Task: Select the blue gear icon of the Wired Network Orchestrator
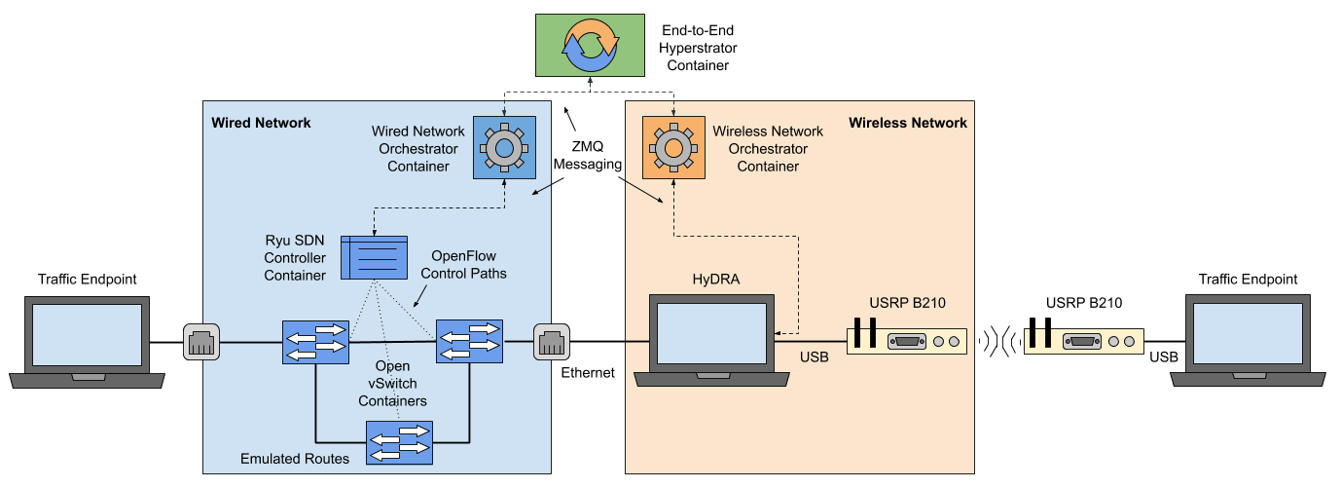click(504, 147)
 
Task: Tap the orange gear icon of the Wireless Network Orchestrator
click(673, 147)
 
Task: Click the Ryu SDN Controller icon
click(373, 259)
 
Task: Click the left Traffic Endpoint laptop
click(88, 341)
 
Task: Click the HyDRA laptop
click(714, 341)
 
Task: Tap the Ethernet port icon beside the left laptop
click(201, 342)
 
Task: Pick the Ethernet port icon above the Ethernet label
click(551, 342)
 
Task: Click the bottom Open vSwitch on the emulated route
click(399, 443)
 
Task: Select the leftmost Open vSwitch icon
click(315, 342)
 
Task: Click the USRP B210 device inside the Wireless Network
click(906, 339)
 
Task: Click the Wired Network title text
click(261, 123)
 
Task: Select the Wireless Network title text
click(907, 123)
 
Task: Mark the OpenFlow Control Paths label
click(463, 265)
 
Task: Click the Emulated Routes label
click(294, 458)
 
